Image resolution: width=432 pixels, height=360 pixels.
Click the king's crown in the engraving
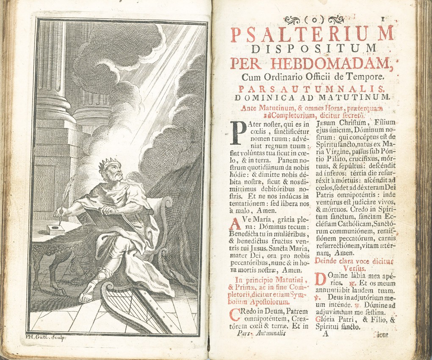pos(109,163)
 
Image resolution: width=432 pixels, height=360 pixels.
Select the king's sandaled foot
pos(87,292)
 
